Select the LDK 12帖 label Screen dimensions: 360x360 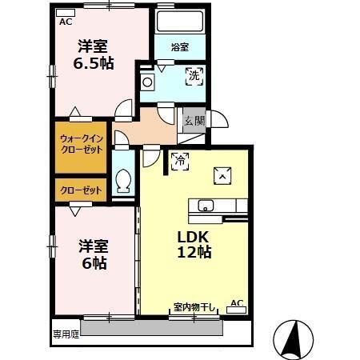coord(194,245)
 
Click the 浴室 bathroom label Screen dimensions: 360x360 coord(179,47)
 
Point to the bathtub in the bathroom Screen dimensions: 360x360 coord(179,22)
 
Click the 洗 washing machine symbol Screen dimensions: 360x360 coord(194,78)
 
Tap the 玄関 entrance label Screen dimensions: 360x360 coord(194,121)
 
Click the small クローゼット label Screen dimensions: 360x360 coord(81,190)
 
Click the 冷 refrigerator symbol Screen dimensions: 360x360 coord(179,161)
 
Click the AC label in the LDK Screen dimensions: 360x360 coord(236,302)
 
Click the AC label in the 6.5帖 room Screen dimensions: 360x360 coord(66,22)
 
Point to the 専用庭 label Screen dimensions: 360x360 coord(66,332)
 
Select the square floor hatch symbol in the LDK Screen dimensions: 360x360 coord(222,175)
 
